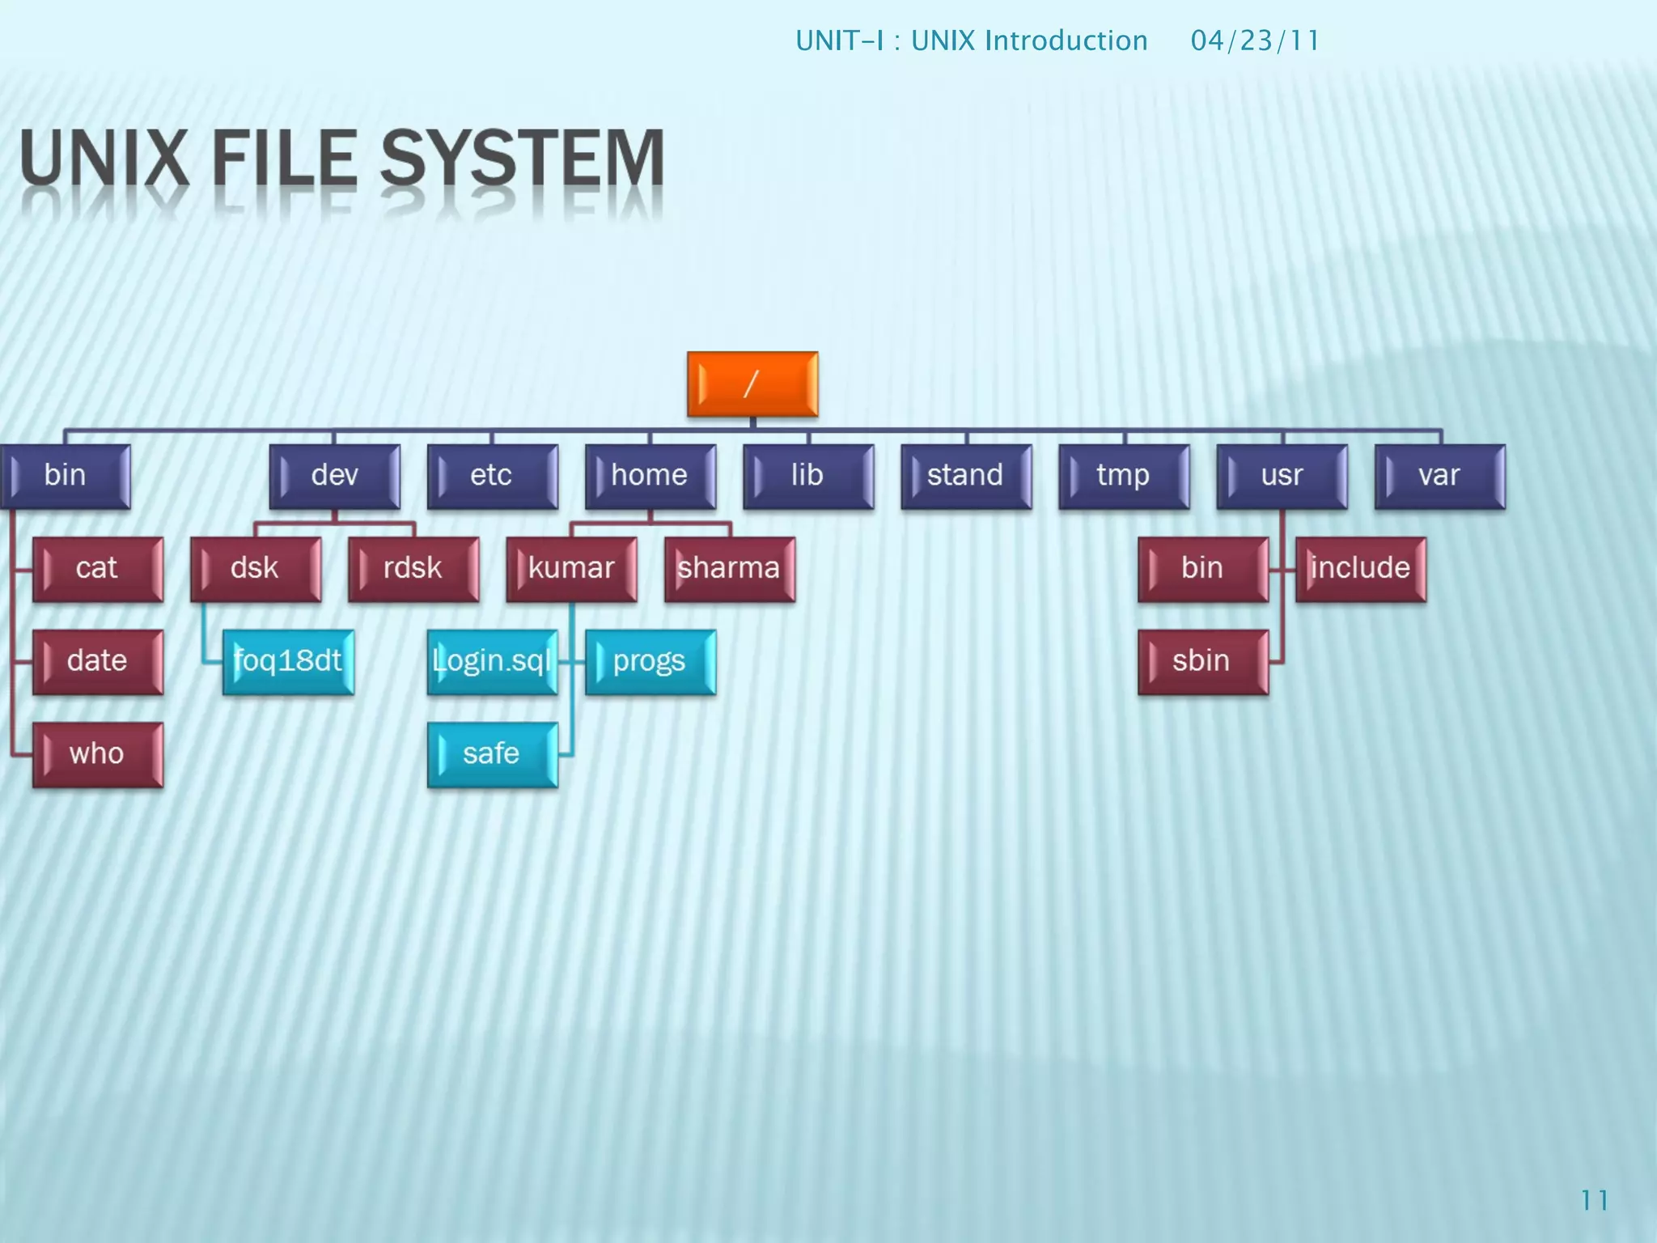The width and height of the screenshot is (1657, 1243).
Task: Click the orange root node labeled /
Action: [752, 384]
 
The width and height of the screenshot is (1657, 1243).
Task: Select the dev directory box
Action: [334, 476]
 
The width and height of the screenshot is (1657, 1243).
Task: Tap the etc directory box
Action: [492, 476]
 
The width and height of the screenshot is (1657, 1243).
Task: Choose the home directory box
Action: [650, 476]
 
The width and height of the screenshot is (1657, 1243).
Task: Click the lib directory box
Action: [807, 476]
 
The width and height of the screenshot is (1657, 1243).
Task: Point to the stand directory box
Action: [966, 476]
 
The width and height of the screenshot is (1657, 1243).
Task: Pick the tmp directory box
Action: [1124, 476]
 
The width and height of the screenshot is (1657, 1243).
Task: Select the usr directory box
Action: [1282, 476]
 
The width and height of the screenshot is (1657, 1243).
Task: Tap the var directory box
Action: [1439, 476]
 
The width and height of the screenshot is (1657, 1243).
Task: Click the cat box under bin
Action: [98, 569]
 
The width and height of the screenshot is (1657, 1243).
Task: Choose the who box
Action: [98, 754]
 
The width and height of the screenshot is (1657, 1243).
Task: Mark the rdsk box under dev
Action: [413, 569]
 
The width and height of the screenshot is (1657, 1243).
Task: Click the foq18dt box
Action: [288, 662]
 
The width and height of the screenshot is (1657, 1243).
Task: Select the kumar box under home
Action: [571, 569]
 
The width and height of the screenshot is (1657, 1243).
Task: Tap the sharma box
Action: [729, 569]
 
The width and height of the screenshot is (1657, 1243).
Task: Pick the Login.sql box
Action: [492, 662]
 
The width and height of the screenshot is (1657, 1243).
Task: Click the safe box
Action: [492, 754]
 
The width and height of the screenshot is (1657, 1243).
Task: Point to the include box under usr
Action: [1360, 569]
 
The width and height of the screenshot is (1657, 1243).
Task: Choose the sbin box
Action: [1202, 662]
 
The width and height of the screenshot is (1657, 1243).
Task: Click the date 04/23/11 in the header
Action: [1255, 40]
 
